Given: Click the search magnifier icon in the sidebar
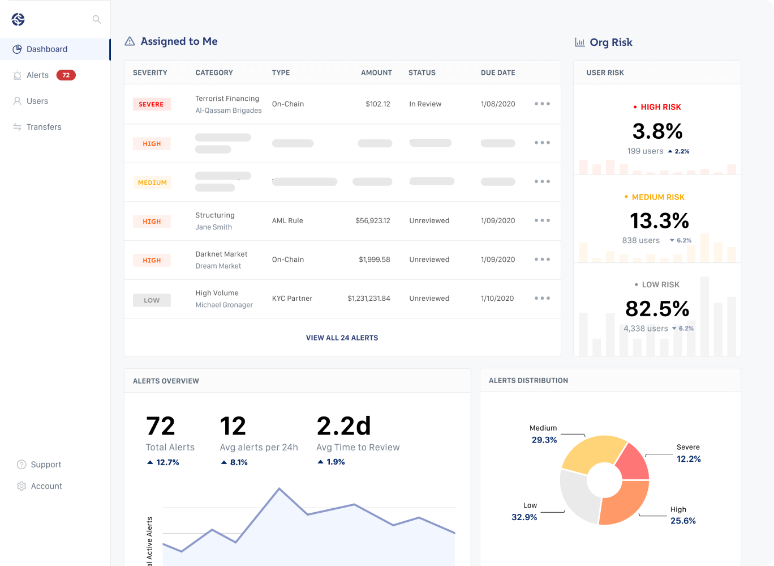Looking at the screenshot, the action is pyautogui.click(x=97, y=20).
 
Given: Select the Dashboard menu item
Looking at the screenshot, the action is pyautogui.click(x=47, y=49).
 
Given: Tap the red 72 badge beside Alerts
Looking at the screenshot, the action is pyautogui.click(x=66, y=75).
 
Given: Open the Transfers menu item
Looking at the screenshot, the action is pyautogui.click(x=44, y=127).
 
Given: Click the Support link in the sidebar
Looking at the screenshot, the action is pyautogui.click(x=45, y=465).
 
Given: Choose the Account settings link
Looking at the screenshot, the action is pyautogui.click(x=46, y=486).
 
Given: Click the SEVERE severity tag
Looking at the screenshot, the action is pyautogui.click(x=151, y=104).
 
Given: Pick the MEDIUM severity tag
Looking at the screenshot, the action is pyautogui.click(x=152, y=182).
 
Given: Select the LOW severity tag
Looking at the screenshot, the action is pyautogui.click(x=152, y=300).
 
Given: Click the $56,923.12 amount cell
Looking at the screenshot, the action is pyautogui.click(x=372, y=221).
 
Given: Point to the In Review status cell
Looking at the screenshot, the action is pyautogui.click(x=425, y=104).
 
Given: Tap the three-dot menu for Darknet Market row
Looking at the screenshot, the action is pyautogui.click(x=542, y=259).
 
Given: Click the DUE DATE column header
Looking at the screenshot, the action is pyautogui.click(x=498, y=73).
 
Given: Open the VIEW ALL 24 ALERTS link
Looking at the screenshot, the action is pyautogui.click(x=342, y=338).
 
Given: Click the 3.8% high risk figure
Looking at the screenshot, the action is pyautogui.click(x=657, y=131).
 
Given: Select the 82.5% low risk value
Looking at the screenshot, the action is pyautogui.click(x=657, y=309).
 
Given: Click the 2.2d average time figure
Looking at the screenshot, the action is pyautogui.click(x=343, y=426).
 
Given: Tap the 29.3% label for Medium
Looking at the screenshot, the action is pyautogui.click(x=544, y=440).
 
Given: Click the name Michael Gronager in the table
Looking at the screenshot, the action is pyautogui.click(x=224, y=305).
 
